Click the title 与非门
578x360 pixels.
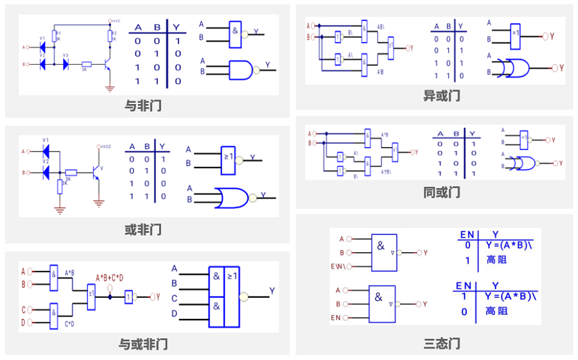(x=143, y=106)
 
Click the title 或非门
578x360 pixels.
(x=143, y=230)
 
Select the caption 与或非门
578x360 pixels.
(x=143, y=344)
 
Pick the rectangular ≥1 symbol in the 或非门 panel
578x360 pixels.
(x=228, y=159)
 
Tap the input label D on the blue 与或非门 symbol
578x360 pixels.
(x=174, y=314)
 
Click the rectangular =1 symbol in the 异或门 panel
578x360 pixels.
(x=516, y=35)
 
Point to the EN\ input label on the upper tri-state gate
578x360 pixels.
(x=337, y=266)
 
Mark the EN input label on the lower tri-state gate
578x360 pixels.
(x=335, y=318)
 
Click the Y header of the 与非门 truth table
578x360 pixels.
(x=175, y=28)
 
